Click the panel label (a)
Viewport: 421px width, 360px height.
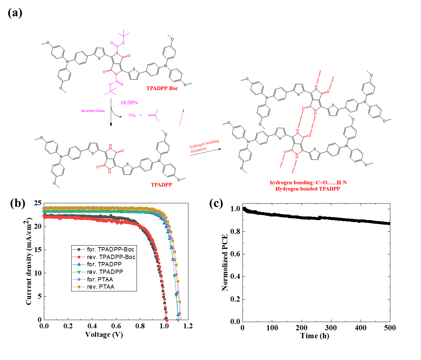15,13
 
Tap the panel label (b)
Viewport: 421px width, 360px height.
17,203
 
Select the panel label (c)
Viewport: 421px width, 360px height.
216,203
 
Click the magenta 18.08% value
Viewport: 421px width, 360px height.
129,103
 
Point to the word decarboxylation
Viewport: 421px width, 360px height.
93,111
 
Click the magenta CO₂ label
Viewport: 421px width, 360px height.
132,115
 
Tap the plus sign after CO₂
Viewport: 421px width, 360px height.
141,115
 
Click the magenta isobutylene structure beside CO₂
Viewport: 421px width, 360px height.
154,115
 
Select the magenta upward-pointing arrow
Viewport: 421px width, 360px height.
181,117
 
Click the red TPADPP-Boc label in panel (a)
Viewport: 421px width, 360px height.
162,88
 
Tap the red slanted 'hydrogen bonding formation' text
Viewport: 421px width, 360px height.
204,146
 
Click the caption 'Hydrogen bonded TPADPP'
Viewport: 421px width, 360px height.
308,189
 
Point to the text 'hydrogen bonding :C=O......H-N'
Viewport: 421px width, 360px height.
308,183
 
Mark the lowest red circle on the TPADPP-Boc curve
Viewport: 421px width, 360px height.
167,320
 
